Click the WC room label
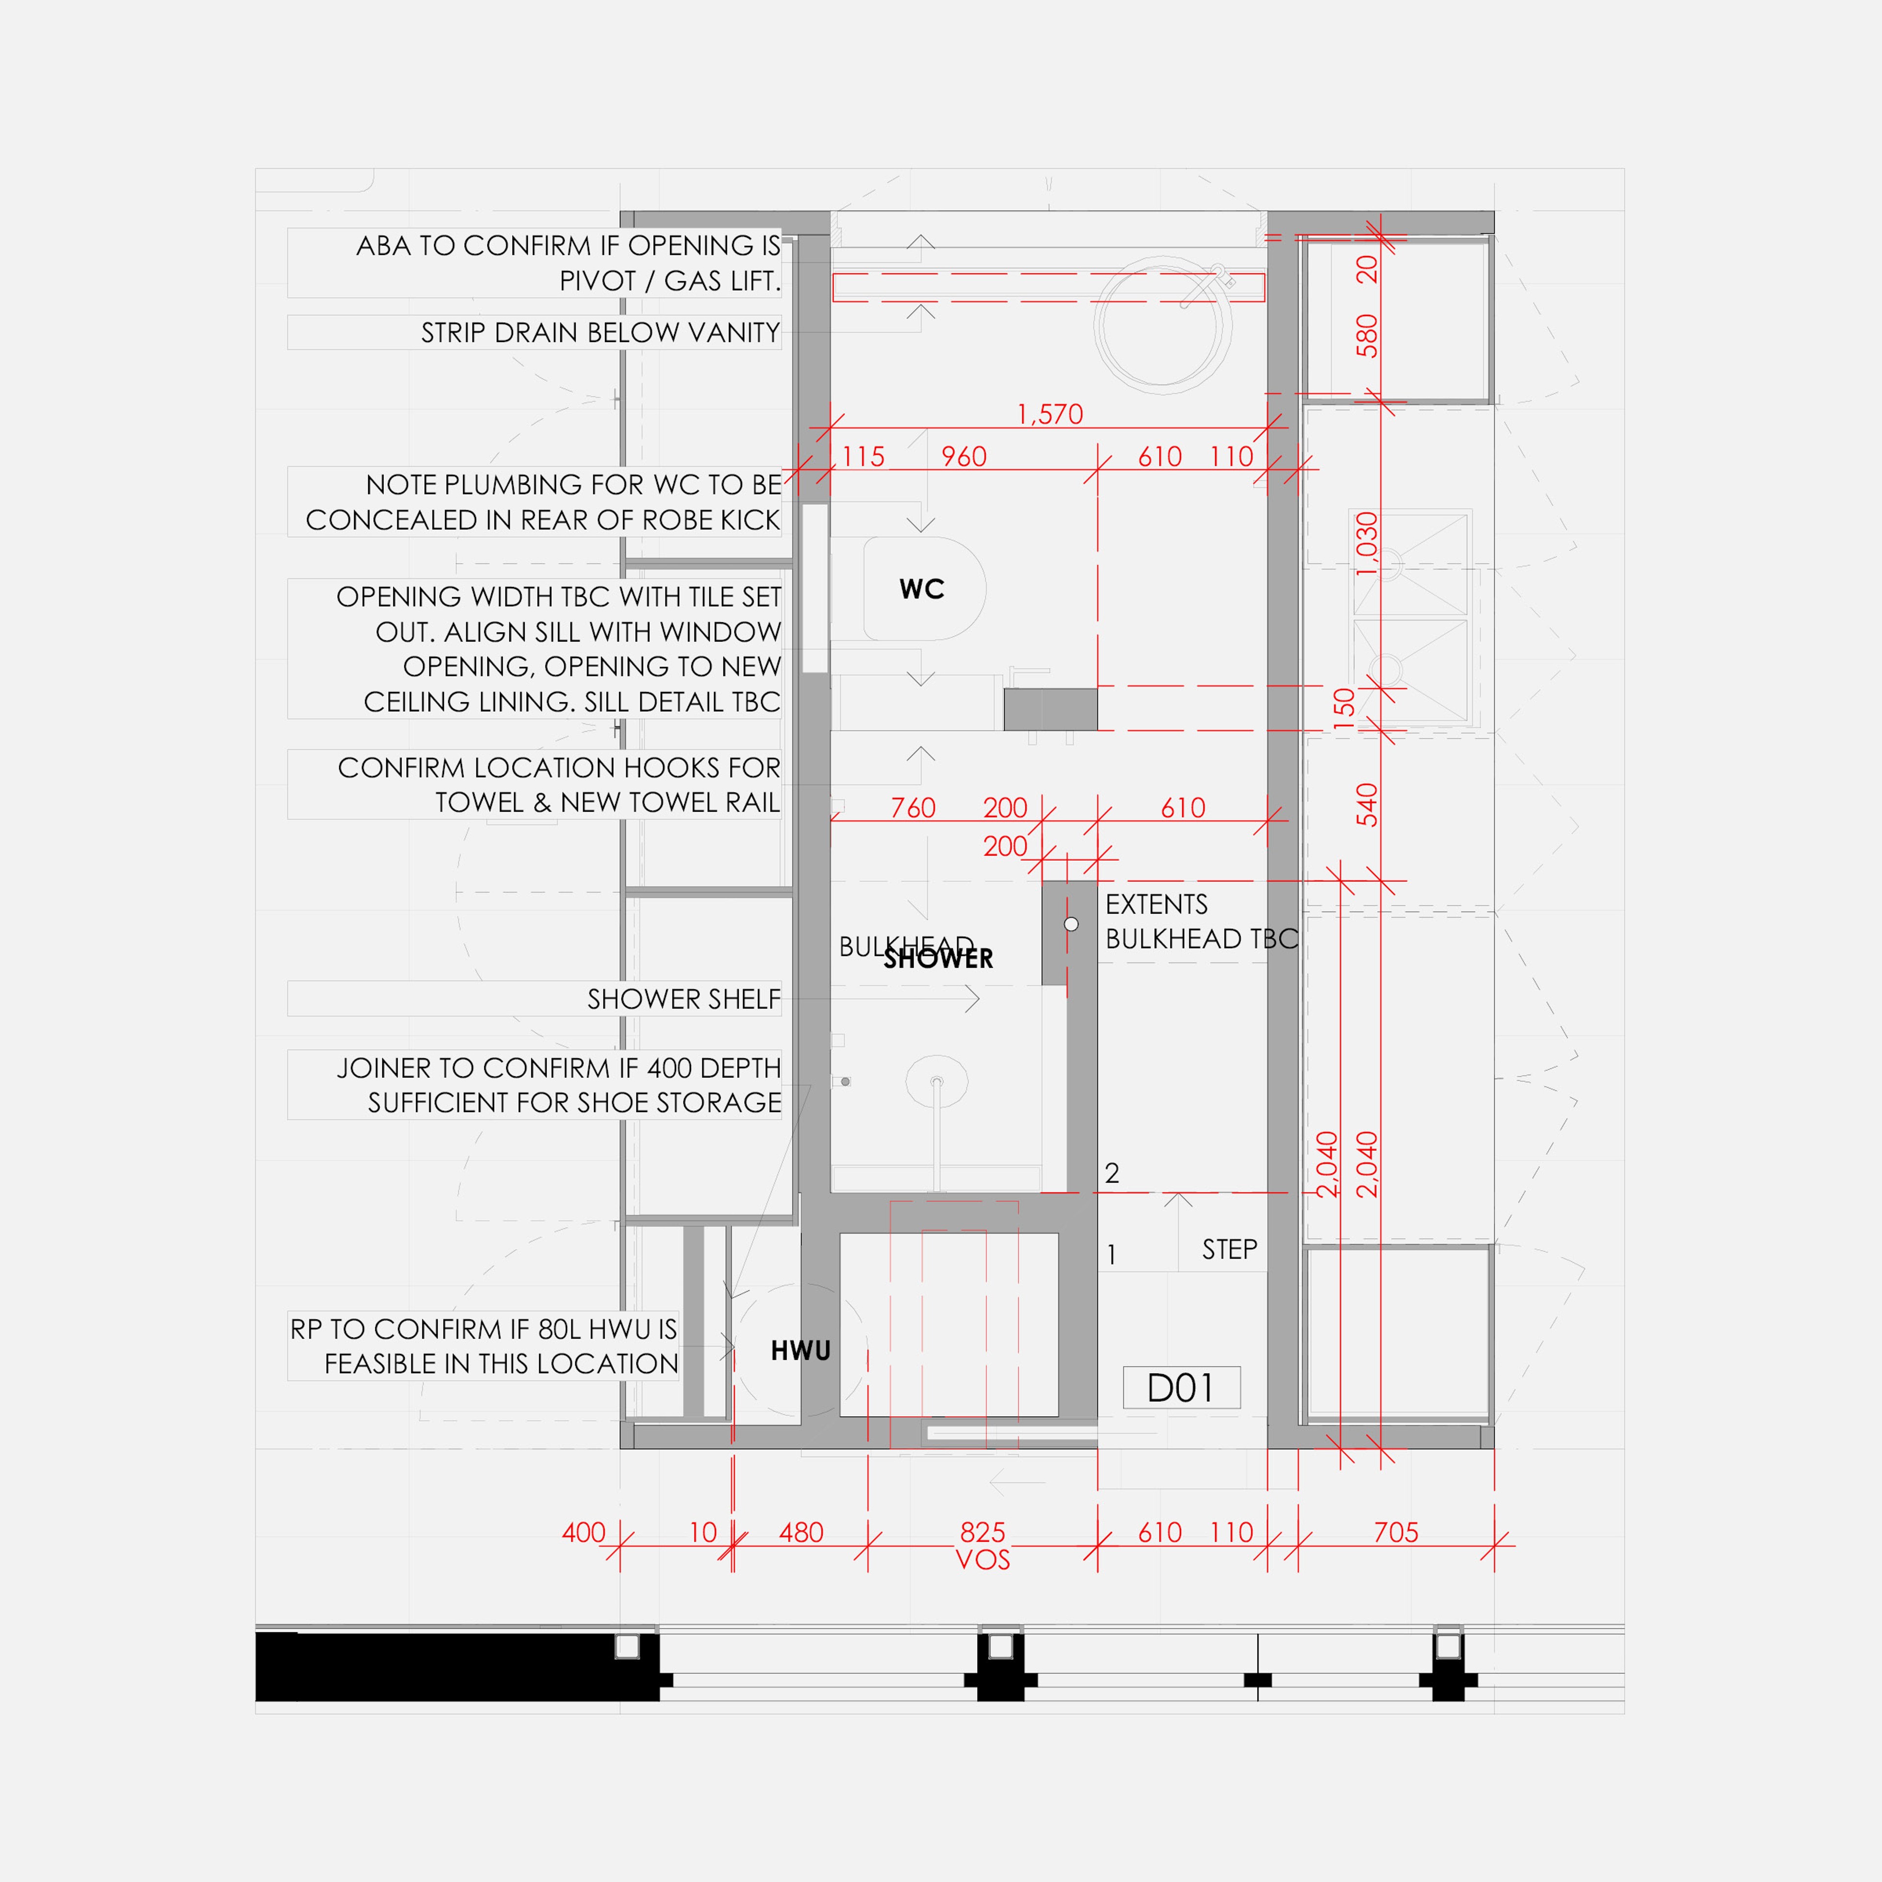point(921,589)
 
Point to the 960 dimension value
point(964,457)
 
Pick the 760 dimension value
point(913,808)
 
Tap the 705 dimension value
point(1396,1532)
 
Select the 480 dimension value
point(801,1532)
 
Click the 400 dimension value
point(584,1532)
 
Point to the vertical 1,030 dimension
point(1367,544)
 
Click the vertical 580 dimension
point(1367,335)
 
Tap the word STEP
point(1229,1250)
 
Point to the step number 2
point(1112,1173)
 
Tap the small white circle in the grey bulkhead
point(1070,923)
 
